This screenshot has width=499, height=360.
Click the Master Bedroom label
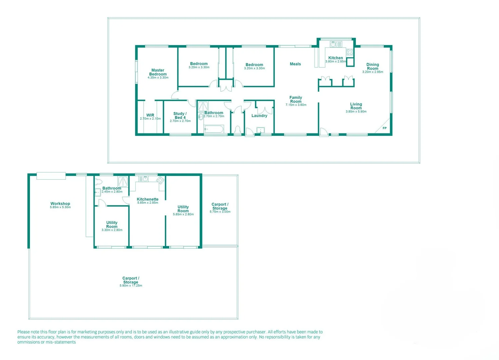158,72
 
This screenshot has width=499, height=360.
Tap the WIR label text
150,115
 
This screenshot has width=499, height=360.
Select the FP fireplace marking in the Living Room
384,128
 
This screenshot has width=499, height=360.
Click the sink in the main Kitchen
334,44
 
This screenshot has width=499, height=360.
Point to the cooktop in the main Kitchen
350,52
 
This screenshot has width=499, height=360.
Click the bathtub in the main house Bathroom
214,129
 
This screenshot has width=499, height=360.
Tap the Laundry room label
259,116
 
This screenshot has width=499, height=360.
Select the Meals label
295,64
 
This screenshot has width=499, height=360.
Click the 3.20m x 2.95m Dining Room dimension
373,72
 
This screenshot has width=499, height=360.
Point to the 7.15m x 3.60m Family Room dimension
296,105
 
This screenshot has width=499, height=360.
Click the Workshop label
60,204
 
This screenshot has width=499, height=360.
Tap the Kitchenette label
148,199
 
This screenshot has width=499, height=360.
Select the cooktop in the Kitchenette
160,180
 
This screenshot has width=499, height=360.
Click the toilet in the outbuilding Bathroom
98,182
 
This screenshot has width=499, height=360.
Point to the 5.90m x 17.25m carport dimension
131,286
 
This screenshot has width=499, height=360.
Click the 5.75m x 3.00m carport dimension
220,212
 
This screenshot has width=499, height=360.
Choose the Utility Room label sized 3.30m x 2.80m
112,225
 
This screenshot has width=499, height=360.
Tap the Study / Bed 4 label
180,116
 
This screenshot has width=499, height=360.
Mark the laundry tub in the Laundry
260,130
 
